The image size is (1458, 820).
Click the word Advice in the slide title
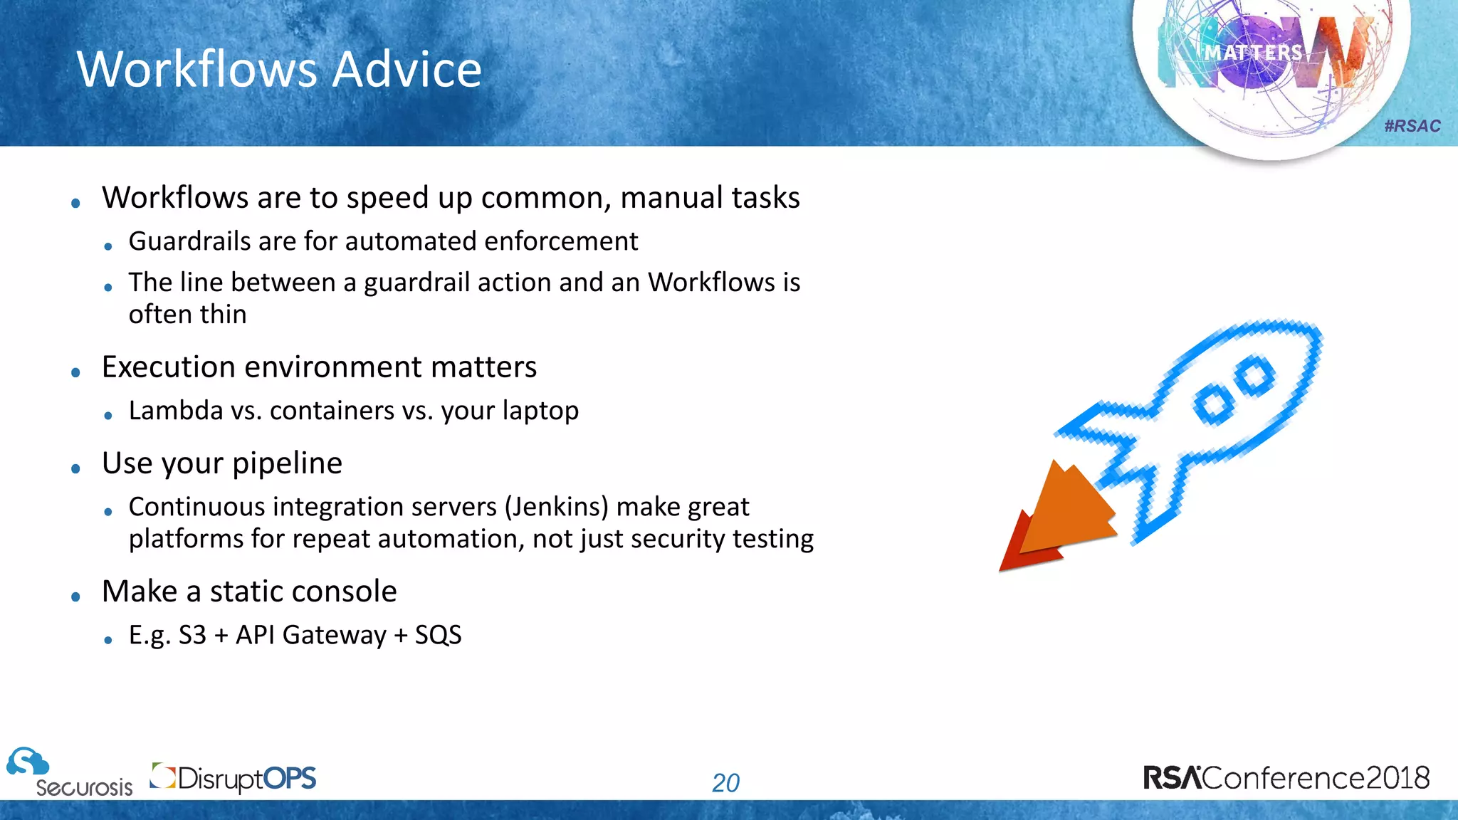(x=407, y=70)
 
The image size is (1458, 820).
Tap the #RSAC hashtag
(x=1412, y=126)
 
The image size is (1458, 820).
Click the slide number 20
(x=725, y=783)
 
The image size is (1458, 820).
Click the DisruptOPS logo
(x=234, y=778)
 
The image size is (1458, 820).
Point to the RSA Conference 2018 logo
(x=1286, y=777)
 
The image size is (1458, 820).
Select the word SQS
(x=438, y=635)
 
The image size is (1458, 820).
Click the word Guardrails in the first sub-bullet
(x=189, y=241)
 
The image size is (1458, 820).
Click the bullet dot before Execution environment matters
(x=76, y=372)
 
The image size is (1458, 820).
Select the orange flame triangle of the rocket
(x=1068, y=509)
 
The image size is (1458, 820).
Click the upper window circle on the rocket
(x=1254, y=375)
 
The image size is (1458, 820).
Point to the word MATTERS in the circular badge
(x=1253, y=53)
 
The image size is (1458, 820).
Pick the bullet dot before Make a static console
(x=76, y=597)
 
